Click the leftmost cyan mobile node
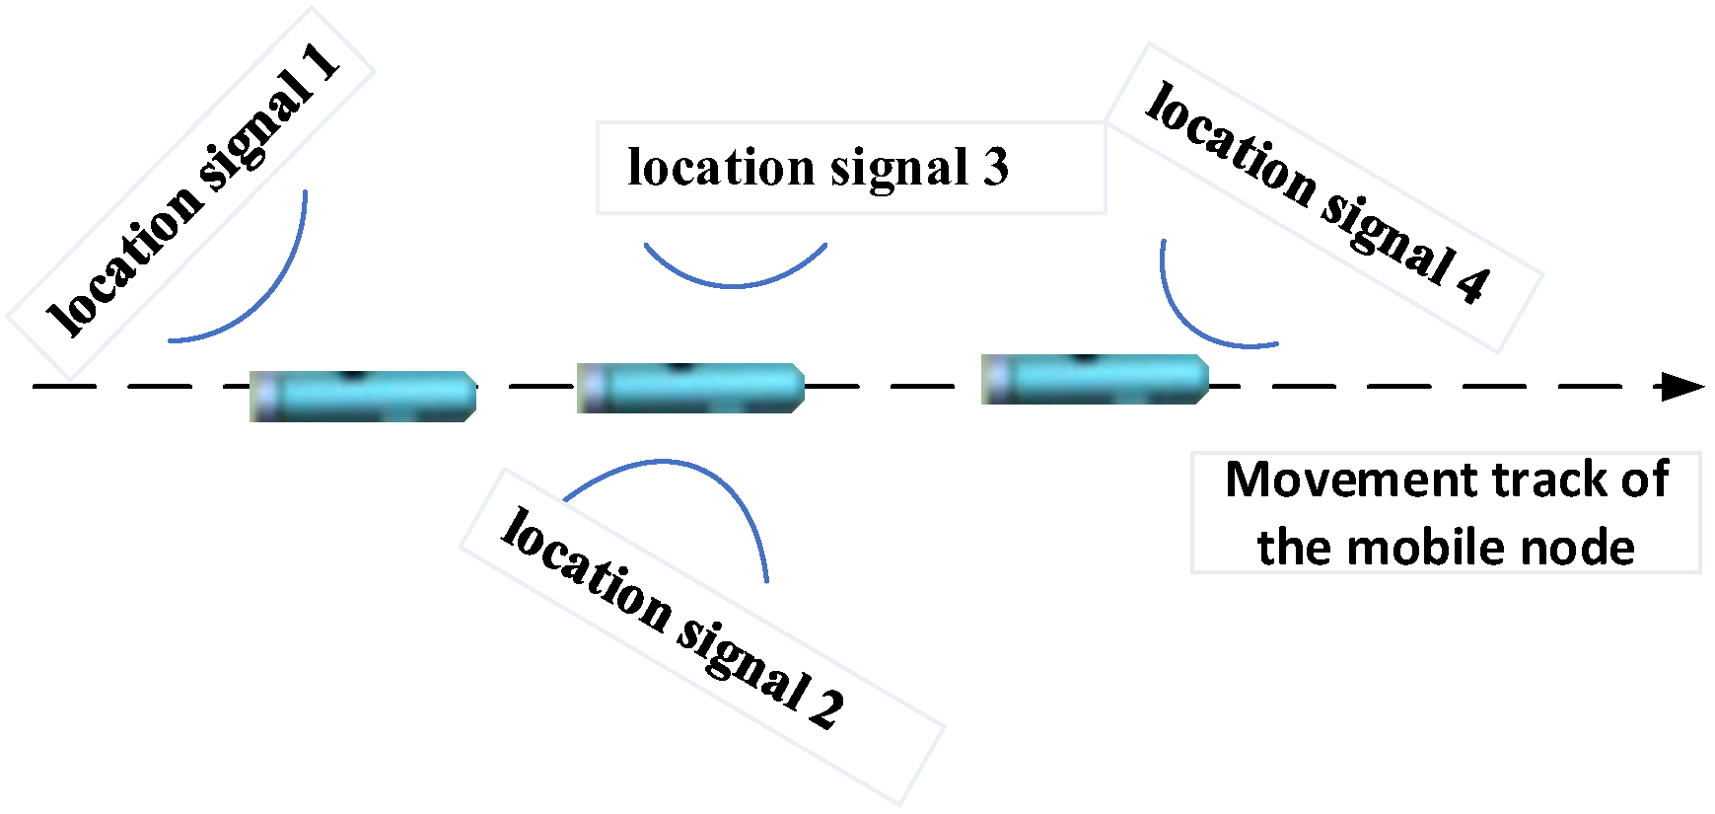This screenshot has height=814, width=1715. tap(363, 396)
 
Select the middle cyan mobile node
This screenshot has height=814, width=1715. tap(690, 388)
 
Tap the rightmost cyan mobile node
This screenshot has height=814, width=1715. tap(1095, 379)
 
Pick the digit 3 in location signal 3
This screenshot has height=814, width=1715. tap(995, 168)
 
